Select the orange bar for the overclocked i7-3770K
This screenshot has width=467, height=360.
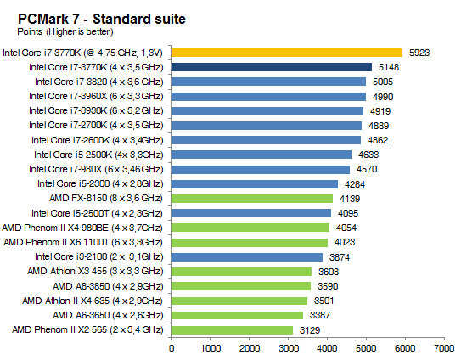click(287, 52)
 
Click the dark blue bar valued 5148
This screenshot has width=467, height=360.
click(272, 66)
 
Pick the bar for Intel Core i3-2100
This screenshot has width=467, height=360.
click(247, 256)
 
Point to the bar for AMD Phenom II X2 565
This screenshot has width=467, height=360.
click(233, 329)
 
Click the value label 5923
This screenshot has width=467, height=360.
click(419, 52)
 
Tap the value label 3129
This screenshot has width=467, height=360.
click(310, 329)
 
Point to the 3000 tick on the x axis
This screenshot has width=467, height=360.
click(288, 347)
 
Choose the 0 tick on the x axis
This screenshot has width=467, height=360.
click(172, 347)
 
